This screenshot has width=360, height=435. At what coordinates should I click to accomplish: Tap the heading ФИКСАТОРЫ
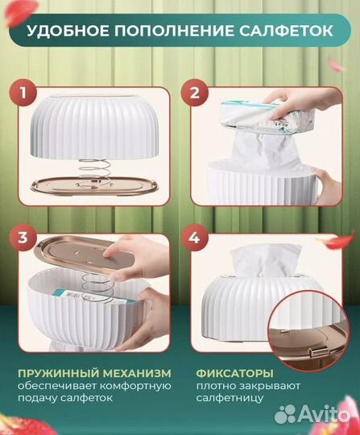(x=234, y=373)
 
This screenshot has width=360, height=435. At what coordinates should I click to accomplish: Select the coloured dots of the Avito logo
(x=287, y=413)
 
